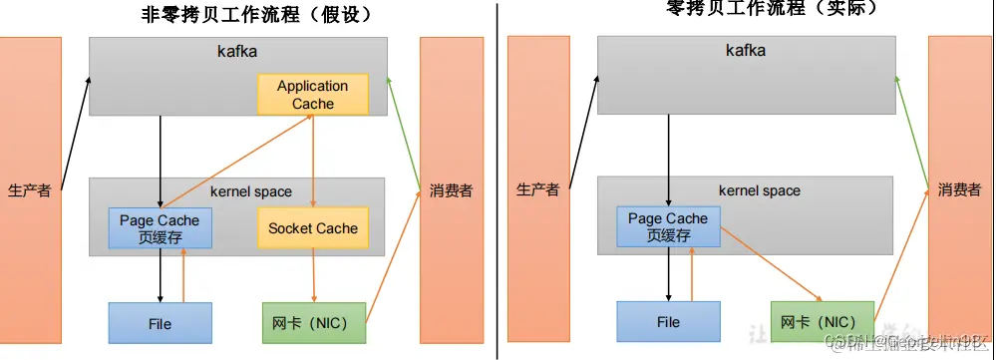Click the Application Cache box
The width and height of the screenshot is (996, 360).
pyautogui.click(x=312, y=94)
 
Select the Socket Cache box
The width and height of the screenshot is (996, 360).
pyautogui.click(x=312, y=228)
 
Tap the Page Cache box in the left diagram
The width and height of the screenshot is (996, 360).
pyautogui.click(x=160, y=228)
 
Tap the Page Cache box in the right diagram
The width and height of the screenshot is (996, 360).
pyautogui.click(x=668, y=226)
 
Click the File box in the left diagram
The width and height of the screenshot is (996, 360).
pyautogui.click(x=160, y=323)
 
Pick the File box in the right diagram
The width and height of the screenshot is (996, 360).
pyautogui.click(x=668, y=322)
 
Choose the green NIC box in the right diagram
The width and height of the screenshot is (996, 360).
pyautogui.click(x=823, y=322)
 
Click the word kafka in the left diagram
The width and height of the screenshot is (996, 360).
pyautogui.click(x=236, y=49)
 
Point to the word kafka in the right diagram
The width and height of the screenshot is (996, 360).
pyautogui.click(x=745, y=49)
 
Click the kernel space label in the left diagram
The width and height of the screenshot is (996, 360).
pyautogui.click(x=251, y=191)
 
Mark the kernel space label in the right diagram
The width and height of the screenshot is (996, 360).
pyautogui.click(x=759, y=189)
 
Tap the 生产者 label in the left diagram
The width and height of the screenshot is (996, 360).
pyautogui.click(x=29, y=190)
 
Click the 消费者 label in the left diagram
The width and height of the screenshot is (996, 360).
pyautogui.click(x=451, y=190)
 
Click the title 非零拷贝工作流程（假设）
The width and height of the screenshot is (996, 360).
pyautogui.click(x=256, y=14)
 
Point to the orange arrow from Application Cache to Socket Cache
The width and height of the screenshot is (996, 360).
pyautogui.click(x=314, y=160)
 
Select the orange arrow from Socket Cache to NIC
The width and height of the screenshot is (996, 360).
pyautogui.click(x=314, y=275)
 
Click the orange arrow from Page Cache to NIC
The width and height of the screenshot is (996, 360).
pyautogui.click(x=770, y=263)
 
